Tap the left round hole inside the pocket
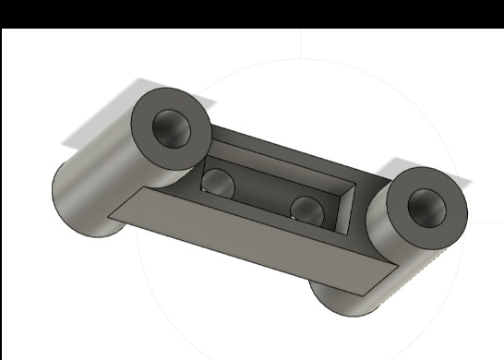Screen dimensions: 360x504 pos(220,183)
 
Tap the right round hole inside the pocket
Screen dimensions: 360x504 pos(306,209)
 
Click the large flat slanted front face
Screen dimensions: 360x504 pos(249,245)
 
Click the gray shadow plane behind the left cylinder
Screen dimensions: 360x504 pos(92,120)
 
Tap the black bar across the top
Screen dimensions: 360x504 pos(252,12)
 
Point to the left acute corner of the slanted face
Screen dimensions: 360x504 pos(112,218)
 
